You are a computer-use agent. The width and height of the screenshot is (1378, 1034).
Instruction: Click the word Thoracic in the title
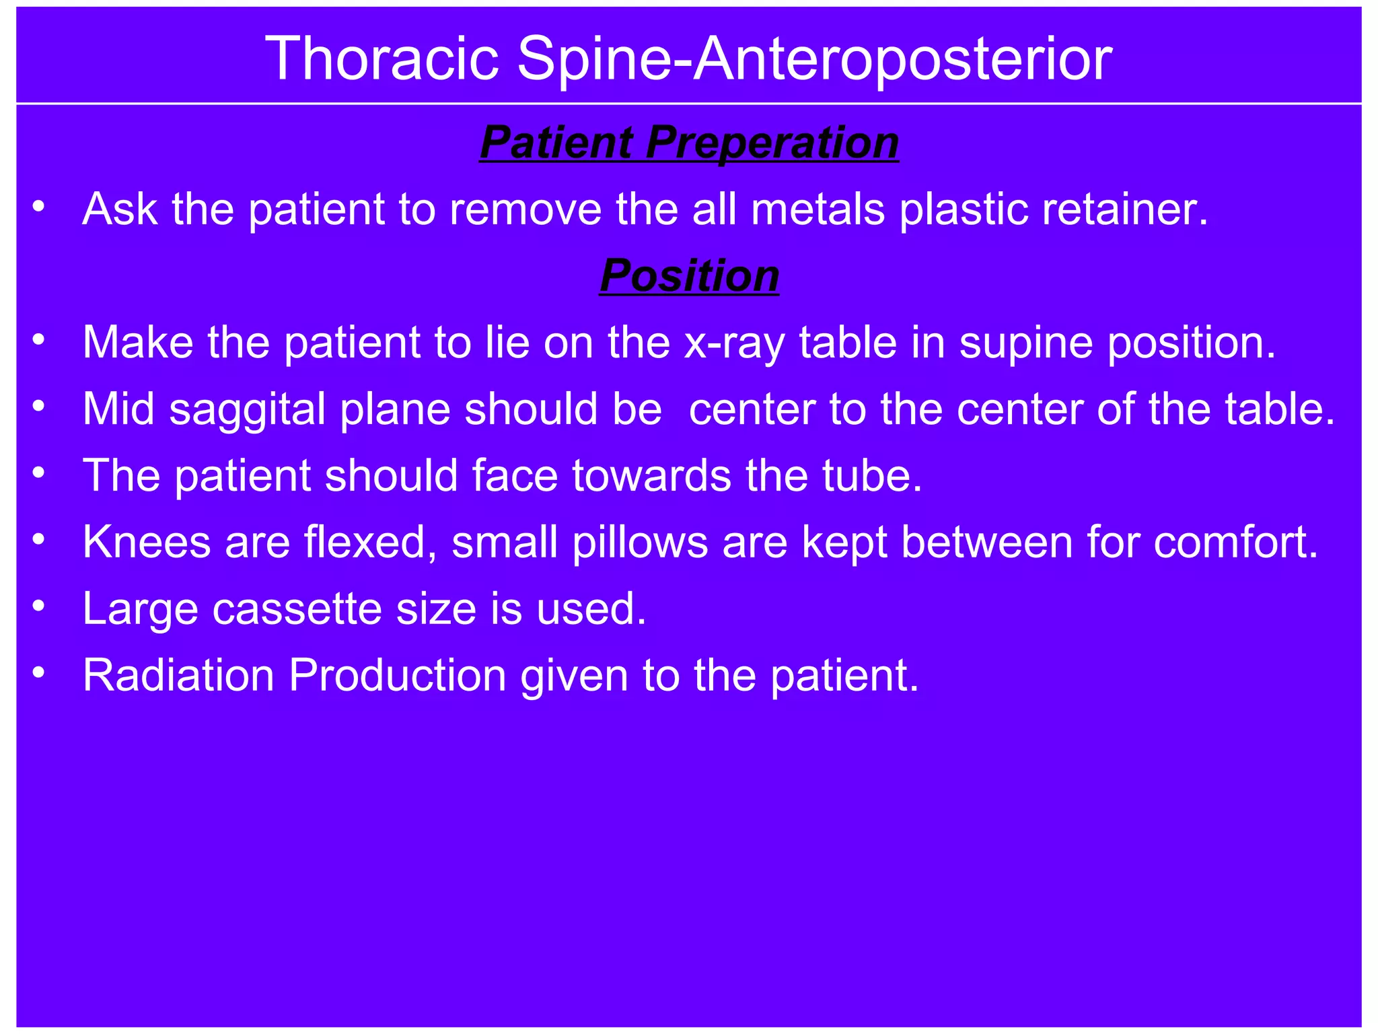coord(382,59)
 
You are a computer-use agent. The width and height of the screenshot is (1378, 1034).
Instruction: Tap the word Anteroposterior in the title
coord(902,59)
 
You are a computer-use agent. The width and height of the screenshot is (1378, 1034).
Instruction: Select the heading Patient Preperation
coord(689,143)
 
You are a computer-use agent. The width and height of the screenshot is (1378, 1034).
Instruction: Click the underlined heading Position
coord(689,276)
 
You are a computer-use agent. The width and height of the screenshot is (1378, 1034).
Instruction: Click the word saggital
coord(247,409)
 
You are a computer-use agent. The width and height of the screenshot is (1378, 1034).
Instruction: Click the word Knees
coord(147,542)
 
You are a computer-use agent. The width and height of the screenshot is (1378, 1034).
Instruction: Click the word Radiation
coord(178,675)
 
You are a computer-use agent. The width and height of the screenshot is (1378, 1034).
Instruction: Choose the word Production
coord(397,675)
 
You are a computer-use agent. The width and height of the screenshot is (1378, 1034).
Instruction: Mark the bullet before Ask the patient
coord(39,207)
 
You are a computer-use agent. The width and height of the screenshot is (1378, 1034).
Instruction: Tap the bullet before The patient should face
coord(39,474)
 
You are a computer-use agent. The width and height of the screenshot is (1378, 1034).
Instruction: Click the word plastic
coord(964,209)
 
